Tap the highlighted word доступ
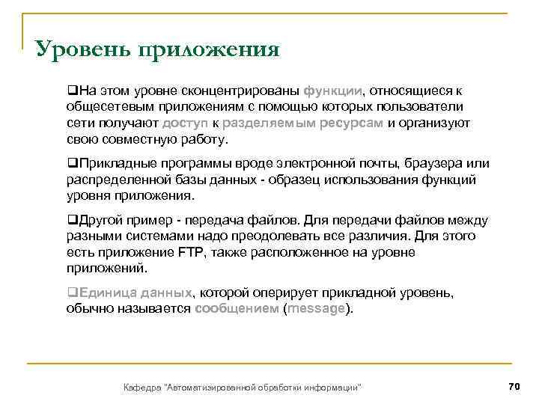pos(186,123)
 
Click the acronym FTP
pos(191,252)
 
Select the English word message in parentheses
pos(316,309)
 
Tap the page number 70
pos(513,386)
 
